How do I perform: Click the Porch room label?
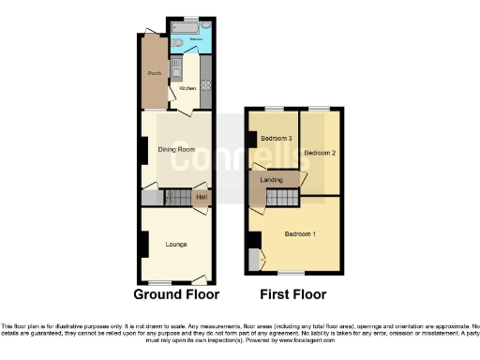(x=154, y=72)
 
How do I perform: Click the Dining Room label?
(x=175, y=149)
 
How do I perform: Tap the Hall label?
(x=201, y=197)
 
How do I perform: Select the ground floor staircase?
(x=177, y=198)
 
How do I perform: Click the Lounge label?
(x=175, y=245)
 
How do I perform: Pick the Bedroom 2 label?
(x=319, y=152)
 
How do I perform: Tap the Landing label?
(x=273, y=180)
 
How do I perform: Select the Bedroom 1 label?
(x=300, y=232)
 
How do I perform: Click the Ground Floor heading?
(x=176, y=294)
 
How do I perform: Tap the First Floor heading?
(x=292, y=294)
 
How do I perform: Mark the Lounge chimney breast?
(x=143, y=244)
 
